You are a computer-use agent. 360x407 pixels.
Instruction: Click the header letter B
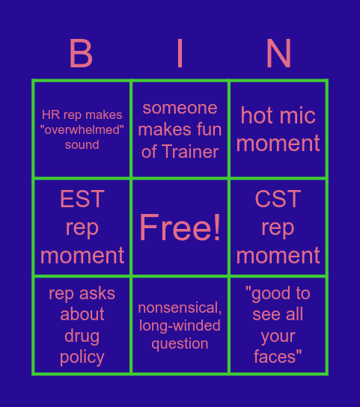(81, 54)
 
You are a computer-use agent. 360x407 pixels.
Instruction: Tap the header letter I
(180, 54)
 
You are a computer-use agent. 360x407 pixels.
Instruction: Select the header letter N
(278, 54)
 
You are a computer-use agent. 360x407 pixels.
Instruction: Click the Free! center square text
(180, 227)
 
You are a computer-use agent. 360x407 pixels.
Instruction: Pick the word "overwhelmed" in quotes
(82, 129)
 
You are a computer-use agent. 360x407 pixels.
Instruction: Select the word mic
(297, 115)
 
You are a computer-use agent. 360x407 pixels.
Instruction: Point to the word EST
(82, 199)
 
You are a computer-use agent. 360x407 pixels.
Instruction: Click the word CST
(278, 199)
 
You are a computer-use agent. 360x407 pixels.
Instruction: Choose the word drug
(82, 336)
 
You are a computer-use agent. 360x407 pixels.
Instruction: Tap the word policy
(82, 358)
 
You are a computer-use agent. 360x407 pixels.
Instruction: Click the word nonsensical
(180, 307)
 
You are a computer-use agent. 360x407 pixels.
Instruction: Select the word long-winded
(180, 325)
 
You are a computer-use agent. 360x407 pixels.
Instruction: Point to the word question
(180, 343)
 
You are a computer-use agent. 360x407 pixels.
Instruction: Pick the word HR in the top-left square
(51, 114)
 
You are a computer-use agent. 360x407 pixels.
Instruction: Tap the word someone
(180, 108)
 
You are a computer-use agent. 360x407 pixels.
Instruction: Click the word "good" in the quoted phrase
(268, 293)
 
